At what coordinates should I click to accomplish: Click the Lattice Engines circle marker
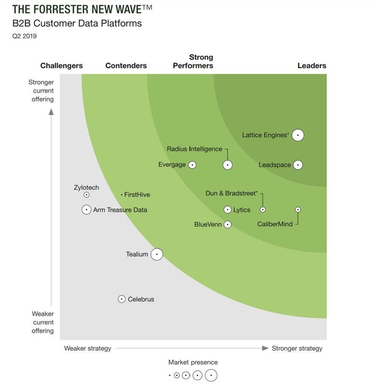298,135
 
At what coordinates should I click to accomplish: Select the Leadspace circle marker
298,165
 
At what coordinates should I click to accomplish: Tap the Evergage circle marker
192,165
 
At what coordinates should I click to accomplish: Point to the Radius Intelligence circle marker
227,165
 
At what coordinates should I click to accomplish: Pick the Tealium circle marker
157,254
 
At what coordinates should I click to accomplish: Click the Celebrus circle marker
122,299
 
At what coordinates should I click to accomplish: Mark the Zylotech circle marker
87,195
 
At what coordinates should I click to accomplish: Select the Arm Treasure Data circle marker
87,210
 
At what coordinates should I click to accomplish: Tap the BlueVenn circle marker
227,225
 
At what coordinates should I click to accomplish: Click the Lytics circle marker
227,210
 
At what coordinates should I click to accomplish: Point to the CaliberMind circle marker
298,210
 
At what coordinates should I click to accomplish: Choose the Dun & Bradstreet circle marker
263,210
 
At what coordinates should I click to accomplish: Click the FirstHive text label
137,195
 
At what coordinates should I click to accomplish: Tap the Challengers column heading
62,66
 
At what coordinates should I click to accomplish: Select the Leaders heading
312,66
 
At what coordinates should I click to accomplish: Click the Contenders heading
126,66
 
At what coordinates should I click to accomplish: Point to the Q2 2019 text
24,36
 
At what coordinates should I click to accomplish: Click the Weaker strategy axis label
88,348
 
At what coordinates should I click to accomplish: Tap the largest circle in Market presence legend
211,375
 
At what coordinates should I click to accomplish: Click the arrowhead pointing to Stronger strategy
265,348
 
